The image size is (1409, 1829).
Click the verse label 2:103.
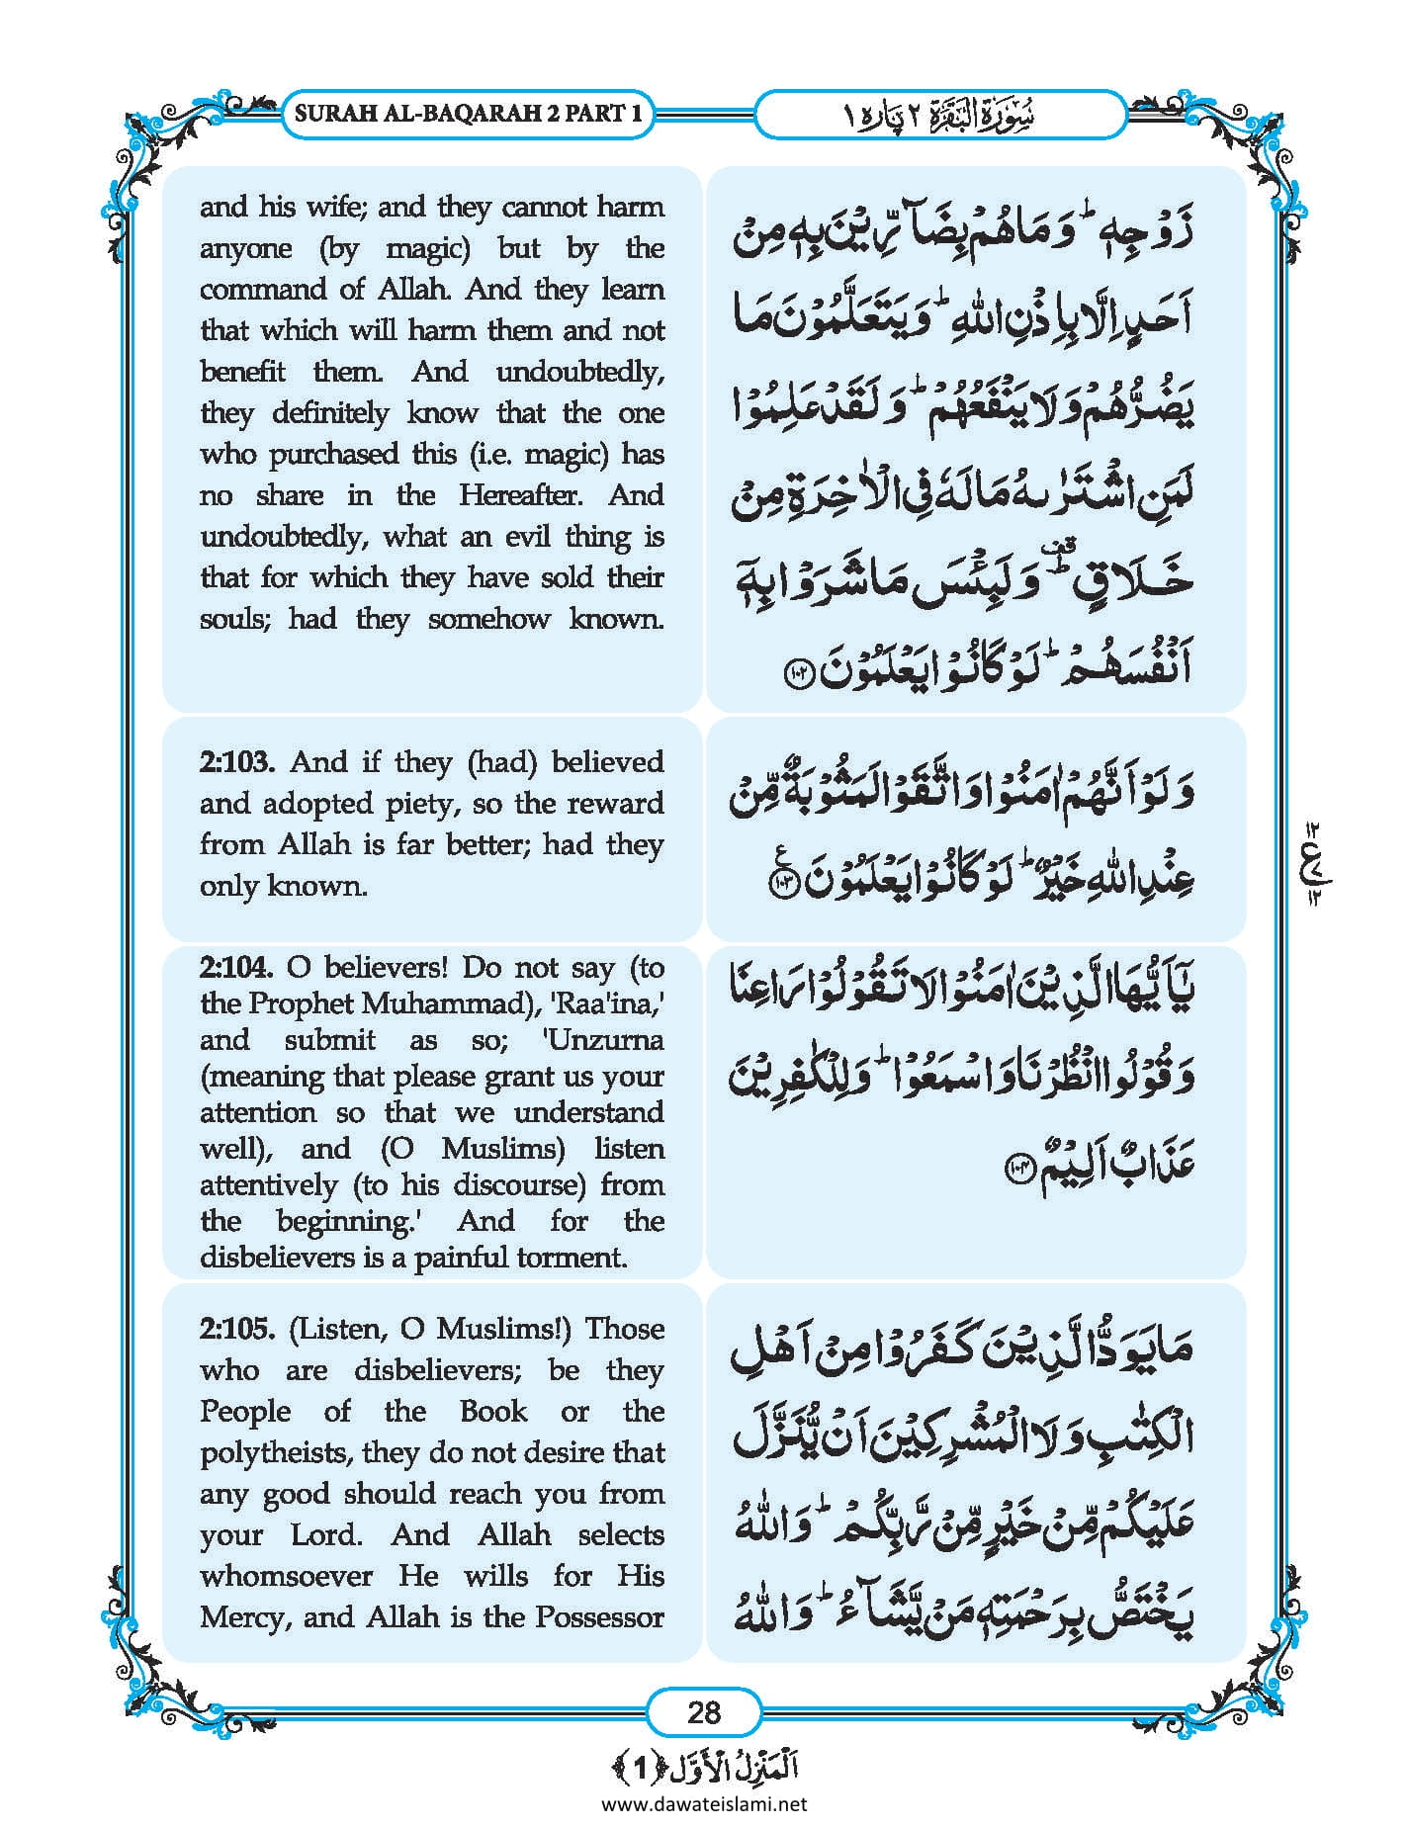[236, 762]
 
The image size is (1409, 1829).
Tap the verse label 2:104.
[236, 967]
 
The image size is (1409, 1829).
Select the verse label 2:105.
[236, 1329]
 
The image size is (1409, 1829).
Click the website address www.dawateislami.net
[703, 1804]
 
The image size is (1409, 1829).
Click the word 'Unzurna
[604, 1040]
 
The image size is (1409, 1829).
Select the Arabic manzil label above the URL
[703, 1769]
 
